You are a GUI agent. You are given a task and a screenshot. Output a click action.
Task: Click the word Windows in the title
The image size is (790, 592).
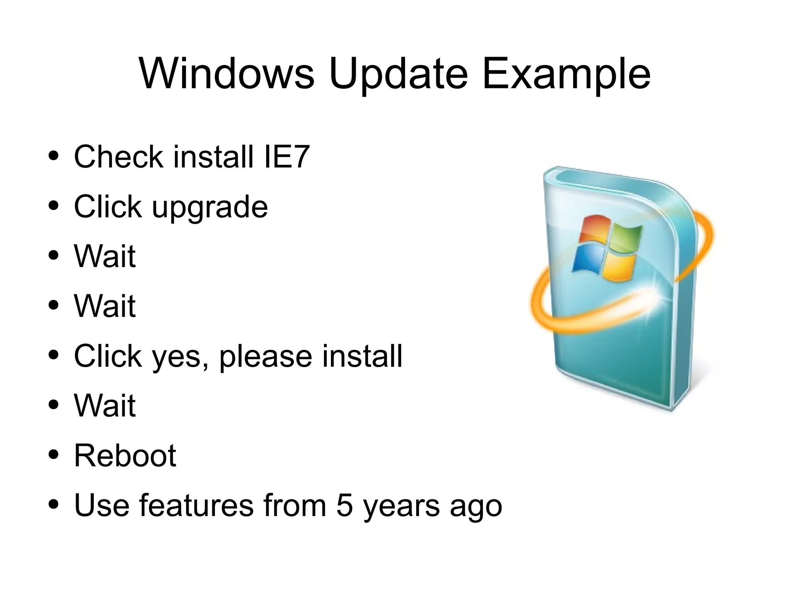coord(226,73)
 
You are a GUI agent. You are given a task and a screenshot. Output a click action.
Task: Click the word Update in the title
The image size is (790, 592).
coord(398,74)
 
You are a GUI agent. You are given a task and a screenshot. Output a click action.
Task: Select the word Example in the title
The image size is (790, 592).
coord(566,74)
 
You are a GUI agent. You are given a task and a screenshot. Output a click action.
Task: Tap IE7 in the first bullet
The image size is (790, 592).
coord(287,157)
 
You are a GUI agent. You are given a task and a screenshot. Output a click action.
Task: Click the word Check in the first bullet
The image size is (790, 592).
coord(118,157)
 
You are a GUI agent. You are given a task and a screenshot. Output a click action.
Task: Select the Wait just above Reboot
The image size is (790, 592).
coord(105,405)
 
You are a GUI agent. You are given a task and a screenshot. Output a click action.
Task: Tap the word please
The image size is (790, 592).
coord(266,357)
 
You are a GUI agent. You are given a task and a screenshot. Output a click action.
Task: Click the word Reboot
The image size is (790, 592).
coord(125,455)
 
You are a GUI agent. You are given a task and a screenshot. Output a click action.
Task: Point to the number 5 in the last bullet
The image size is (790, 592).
coord(344,505)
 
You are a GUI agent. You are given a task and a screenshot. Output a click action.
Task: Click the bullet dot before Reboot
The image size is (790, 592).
coord(54,454)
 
